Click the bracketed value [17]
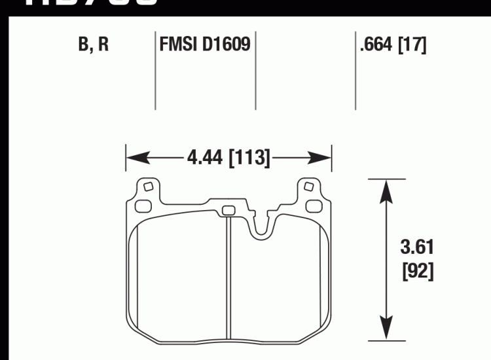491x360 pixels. click(413, 46)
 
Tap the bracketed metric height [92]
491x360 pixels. click(416, 270)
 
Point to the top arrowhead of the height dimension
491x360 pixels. click(386, 187)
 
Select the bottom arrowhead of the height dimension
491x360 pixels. click(386, 331)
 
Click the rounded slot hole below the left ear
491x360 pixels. click(141, 206)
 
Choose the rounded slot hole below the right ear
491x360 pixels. click(316, 206)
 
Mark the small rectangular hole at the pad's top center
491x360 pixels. click(228, 210)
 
